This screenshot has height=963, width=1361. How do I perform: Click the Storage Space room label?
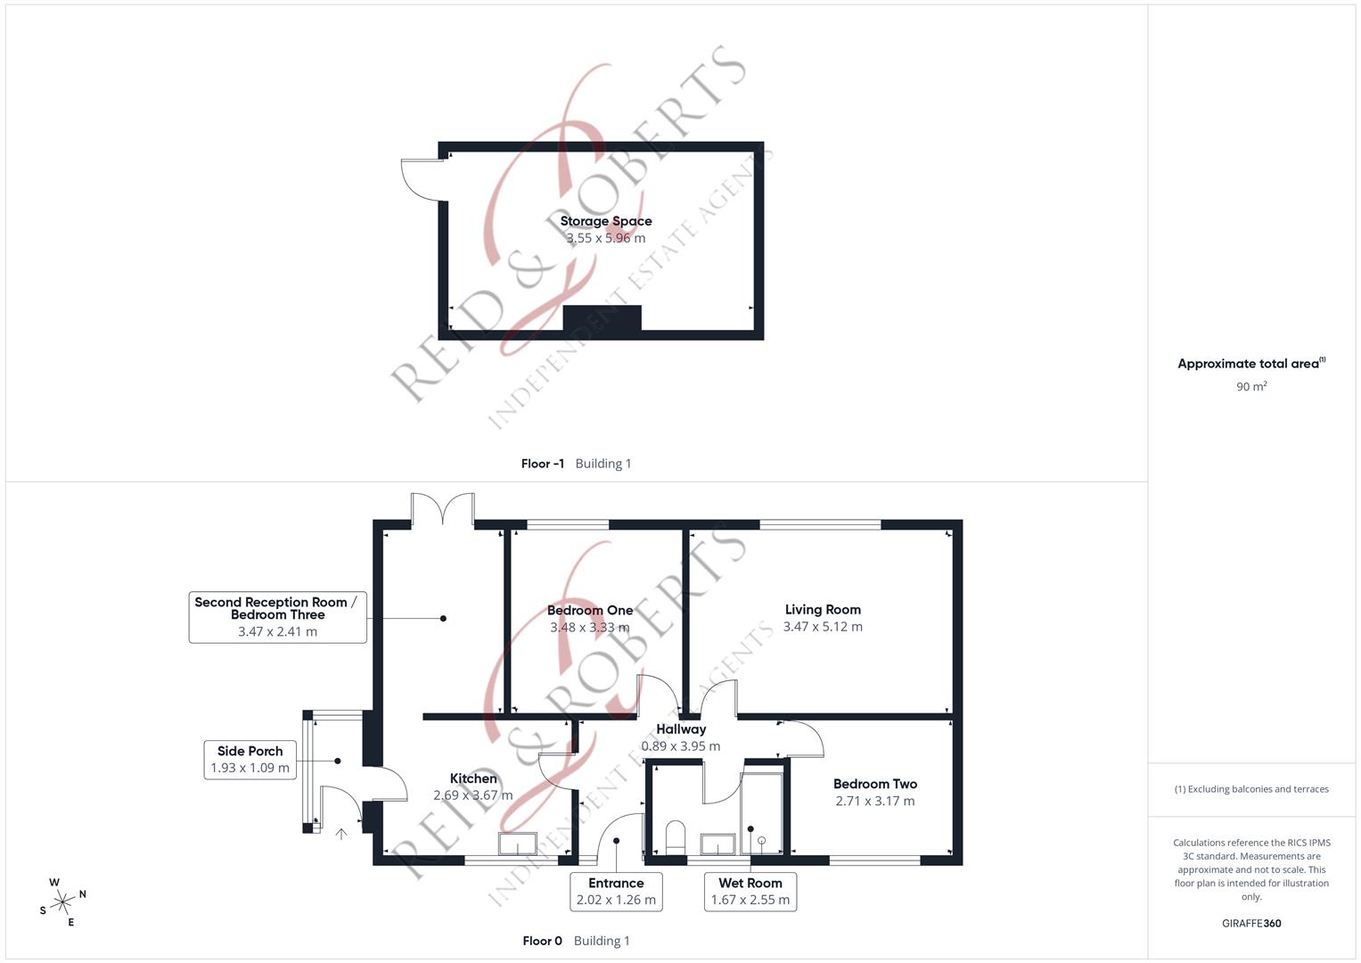pyautogui.click(x=606, y=221)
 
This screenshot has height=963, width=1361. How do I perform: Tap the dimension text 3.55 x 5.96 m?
pyautogui.click(x=606, y=238)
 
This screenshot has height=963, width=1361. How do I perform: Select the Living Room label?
pyautogui.click(x=823, y=610)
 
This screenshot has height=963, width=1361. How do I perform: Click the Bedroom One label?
pyautogui.click(x=590, y=611)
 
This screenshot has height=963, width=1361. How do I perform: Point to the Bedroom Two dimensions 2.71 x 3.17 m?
pyautogui.click(x=874, y=801)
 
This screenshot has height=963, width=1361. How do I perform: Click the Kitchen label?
pyautogui.click(x=473, y=778)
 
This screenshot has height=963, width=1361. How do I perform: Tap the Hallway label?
pyautogui.click(x=681, y=729)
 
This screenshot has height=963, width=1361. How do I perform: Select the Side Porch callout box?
pyautogui.click(x=250, y=760)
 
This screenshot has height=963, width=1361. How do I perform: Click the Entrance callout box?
pyautogui.click(x=616, y=891)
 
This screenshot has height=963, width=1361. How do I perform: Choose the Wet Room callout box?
pyautogui.click(x=750, y=891)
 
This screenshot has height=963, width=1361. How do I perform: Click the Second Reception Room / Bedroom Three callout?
pyautogui.click(x=277, y=616)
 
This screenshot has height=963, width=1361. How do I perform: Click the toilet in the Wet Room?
pyautogui.click(x=676, y=837)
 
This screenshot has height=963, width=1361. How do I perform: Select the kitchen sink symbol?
pyautogui.click(x=518, y=844)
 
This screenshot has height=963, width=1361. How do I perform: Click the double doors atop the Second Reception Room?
pyautogui.click(x=442, y=509)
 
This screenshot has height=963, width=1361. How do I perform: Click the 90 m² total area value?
pyautogui.click(x=1251, y=386)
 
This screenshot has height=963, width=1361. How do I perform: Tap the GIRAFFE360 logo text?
pyautogui.click(x=1251, y=923)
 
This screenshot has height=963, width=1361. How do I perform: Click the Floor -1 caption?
pyautogui.click(x=543, y=464)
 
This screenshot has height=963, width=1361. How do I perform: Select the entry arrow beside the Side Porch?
pyautogui.click(x=340, y=834)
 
